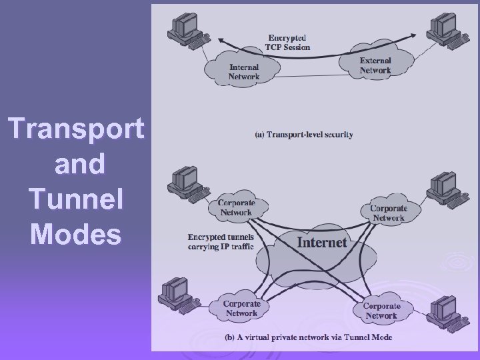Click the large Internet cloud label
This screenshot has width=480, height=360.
(x=322, y=242)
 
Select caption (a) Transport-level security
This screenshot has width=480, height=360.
(x=305, y=134)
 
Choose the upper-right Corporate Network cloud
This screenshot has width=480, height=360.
(x=388, y=213)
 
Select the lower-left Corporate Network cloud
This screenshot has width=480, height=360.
(x=241, y=308)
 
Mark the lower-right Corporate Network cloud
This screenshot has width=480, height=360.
(x=381, y=311)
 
